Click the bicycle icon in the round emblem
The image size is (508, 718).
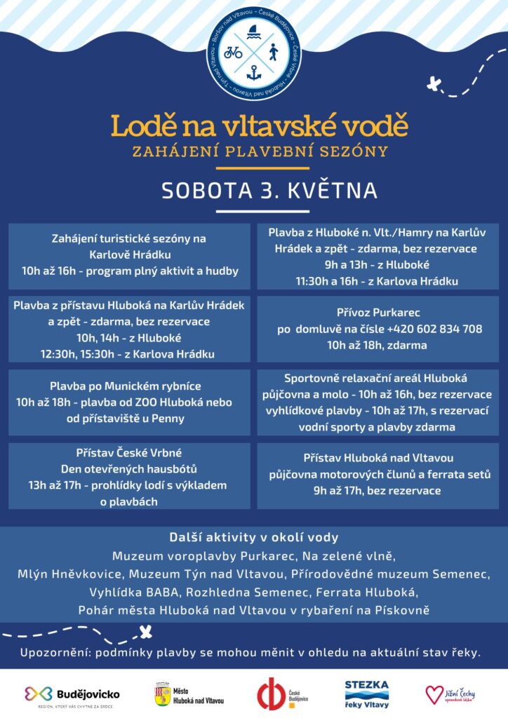(234, 52)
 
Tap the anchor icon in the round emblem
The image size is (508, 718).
(254, 72)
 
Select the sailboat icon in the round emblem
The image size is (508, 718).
(254, 32)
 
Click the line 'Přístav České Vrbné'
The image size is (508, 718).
(129, 453)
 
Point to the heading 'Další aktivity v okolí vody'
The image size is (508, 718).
(254, 538)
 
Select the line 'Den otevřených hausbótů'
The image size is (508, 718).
(129, 469)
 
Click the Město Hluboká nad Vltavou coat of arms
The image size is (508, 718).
(163, 693)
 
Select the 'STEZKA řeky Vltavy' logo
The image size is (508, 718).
(366, 693)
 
